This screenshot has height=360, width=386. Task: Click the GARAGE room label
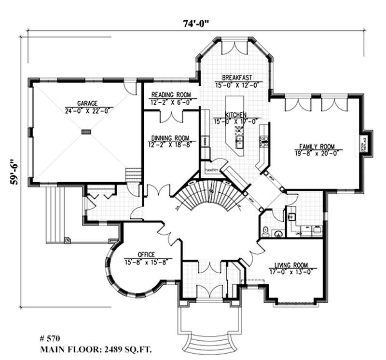click(87, 103)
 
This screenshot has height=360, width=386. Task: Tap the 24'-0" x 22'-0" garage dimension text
click(87, 110)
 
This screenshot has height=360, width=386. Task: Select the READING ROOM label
click(171, 94)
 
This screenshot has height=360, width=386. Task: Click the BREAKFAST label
click(235, 78)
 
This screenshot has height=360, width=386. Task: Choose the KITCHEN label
click(236, 115)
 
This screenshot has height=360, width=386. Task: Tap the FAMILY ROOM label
click(317, 147)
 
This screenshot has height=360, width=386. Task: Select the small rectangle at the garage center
click(86, 131)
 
